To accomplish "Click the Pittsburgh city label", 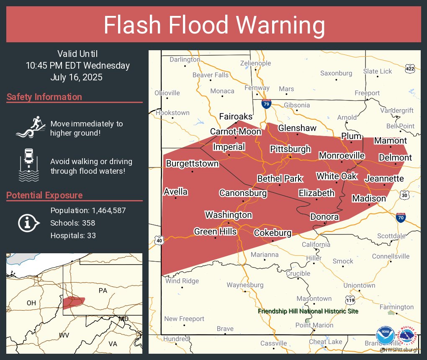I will click(x=290, y=149).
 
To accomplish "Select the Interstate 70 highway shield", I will click(x=401, y=217).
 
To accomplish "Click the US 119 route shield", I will click(x=350, y=300).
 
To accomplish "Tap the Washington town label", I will click(x=228, y=215).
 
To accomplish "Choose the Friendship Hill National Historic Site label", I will click(x=308, y=311).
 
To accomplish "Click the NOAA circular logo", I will click(x=385, y=336).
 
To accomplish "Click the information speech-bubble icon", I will click(x=28, y=222).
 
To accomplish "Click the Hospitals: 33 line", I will click(x=73, y=235).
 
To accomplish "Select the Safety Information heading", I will click(x=44, y=97).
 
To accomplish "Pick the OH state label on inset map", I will click(x=31, y=303).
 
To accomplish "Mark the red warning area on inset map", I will click(x=74, y=301).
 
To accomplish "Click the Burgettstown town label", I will click(x=192, y=164).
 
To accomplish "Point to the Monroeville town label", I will click(x=342, y=156).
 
